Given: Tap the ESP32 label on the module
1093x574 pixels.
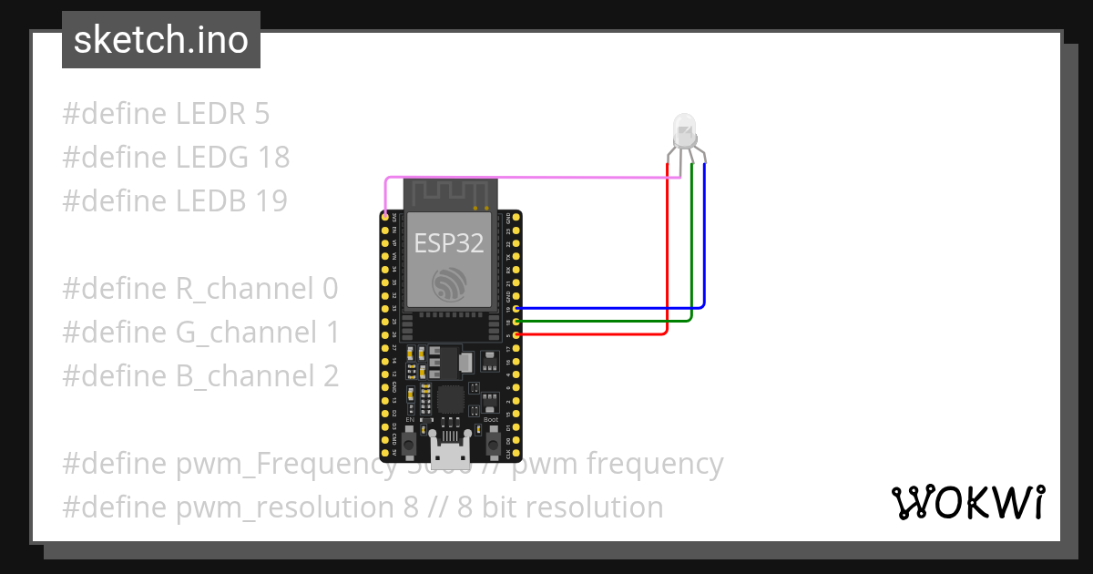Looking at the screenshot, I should point(449,242).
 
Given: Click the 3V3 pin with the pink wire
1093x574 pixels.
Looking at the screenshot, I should point(385,217).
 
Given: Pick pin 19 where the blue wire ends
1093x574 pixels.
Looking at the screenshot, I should point(517,310).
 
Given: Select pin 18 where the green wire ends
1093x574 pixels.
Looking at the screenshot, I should point(517,322).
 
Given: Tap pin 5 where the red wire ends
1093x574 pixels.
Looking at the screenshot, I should point(517,334).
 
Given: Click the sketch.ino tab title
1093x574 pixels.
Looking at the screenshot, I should point(161,40).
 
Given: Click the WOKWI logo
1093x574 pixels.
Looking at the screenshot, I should point(968,502).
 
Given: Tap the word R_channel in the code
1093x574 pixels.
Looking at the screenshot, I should point(243,289).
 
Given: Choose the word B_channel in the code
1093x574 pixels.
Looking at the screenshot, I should point(243,375).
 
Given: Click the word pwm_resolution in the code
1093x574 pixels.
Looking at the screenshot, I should point(288,507).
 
